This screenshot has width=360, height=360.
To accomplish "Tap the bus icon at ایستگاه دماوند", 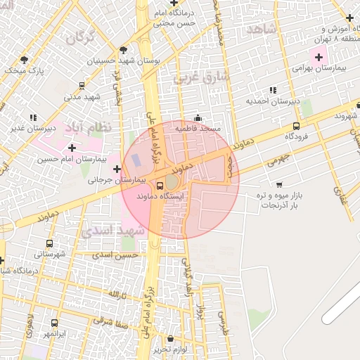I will (x=161, y=186).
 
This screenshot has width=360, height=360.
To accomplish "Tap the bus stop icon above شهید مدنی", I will (x=82, y=86).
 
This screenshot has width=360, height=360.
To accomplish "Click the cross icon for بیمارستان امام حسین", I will (x=72, y=148).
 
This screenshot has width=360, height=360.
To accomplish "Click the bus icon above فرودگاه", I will (x=296, y=127).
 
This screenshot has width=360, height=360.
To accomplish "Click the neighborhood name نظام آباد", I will (x=82, y=129).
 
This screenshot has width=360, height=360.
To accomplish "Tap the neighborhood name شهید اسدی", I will (x=113, y=231).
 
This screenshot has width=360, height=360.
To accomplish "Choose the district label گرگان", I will (x=81, y=37).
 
